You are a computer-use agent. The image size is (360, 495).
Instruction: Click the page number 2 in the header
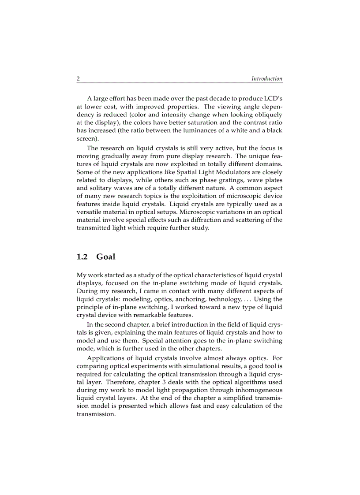[79, 79]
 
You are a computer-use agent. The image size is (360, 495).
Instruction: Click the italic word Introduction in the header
[267, 79]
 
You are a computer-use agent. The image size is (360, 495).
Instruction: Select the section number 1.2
[82, 257]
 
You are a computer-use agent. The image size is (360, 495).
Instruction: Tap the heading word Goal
[105, 257]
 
